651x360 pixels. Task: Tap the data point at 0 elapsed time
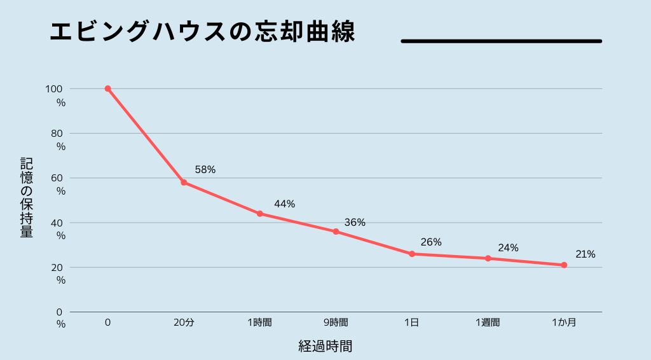coord(108,88)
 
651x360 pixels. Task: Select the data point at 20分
coord(184,183)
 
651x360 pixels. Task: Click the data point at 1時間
coord(260,214)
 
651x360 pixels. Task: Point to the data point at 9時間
coord(336,232)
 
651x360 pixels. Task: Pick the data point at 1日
coord(412,254)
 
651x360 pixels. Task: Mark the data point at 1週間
coord(488,258)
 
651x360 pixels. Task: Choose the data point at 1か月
coord(564,265)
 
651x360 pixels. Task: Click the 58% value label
coord(205,170)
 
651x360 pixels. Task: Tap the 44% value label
coord(284,204)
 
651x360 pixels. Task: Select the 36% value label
coord(355,223)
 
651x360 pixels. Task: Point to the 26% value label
coord(431,242)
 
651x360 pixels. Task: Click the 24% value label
coord(508,248)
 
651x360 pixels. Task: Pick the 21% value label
coord(585,254)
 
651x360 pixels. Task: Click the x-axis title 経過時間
coord(325,347)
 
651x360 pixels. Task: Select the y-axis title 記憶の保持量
coord(27,197)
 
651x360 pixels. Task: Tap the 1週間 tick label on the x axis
coord(488,322)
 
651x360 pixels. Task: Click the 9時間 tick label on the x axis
coord(336,322)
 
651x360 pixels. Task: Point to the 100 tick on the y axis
coord(55,90)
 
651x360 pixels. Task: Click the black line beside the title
coord(501,41)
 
